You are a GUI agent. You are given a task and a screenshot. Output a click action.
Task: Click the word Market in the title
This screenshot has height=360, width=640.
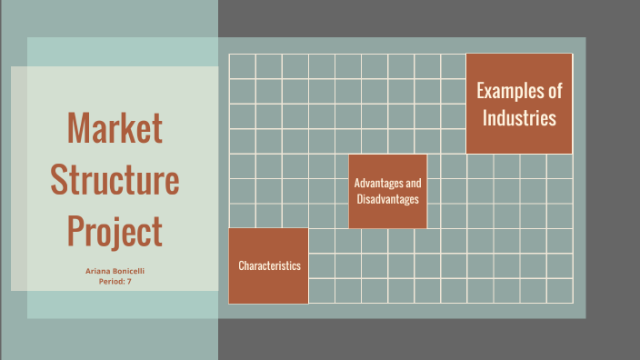[x=115, y=128]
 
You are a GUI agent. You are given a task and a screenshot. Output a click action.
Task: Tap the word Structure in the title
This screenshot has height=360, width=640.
[x=115, y=179]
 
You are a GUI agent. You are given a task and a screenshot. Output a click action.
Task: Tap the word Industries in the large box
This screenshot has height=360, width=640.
[x=519, y=117]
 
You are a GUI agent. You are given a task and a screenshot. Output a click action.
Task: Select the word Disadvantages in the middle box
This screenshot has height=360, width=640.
[x=387, y=199]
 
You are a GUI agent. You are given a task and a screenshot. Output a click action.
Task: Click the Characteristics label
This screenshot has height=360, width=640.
[x=269, y=265]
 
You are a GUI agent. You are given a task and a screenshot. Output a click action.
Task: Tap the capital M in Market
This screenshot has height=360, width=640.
[x=76, y=128]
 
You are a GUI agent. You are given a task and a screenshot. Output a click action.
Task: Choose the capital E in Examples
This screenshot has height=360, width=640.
[x=481, y=91]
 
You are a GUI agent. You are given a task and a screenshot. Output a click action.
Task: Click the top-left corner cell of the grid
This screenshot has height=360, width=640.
[x=242, y=65]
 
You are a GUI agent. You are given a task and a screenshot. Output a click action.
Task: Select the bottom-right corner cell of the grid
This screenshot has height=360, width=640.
[x=559, y=290]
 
